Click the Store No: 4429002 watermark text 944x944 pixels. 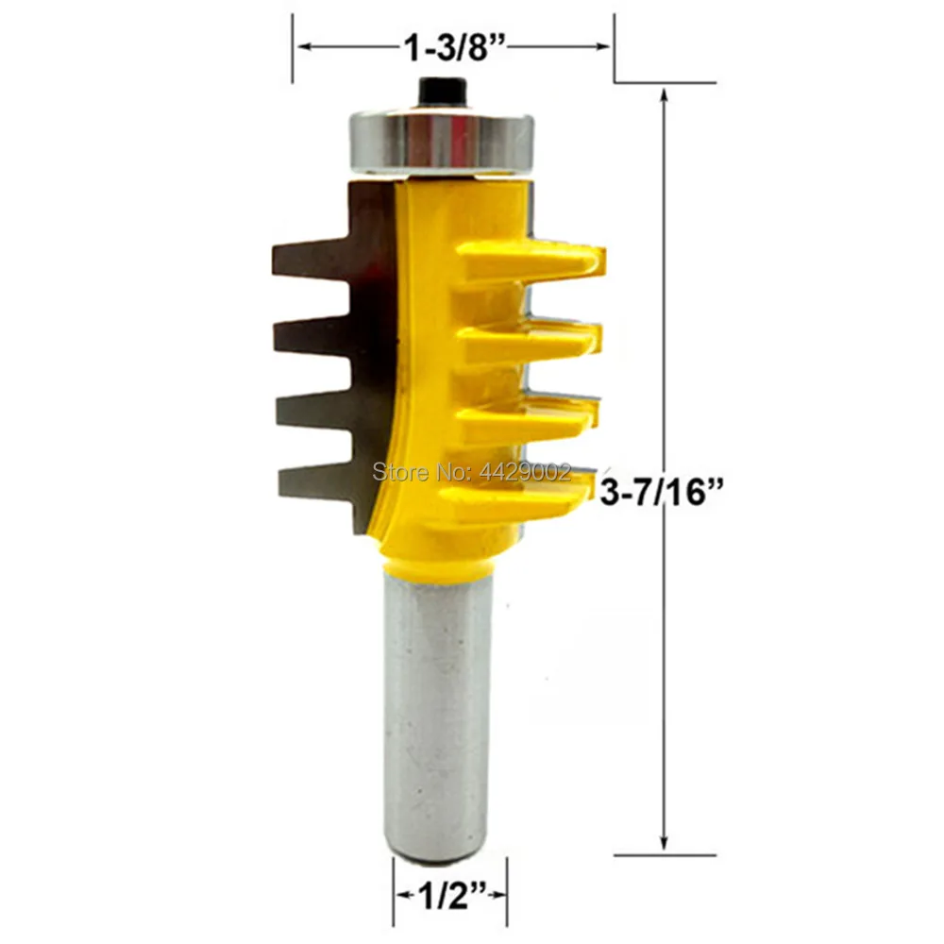coord(472,468)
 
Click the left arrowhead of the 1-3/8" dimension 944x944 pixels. coord(300,45)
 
